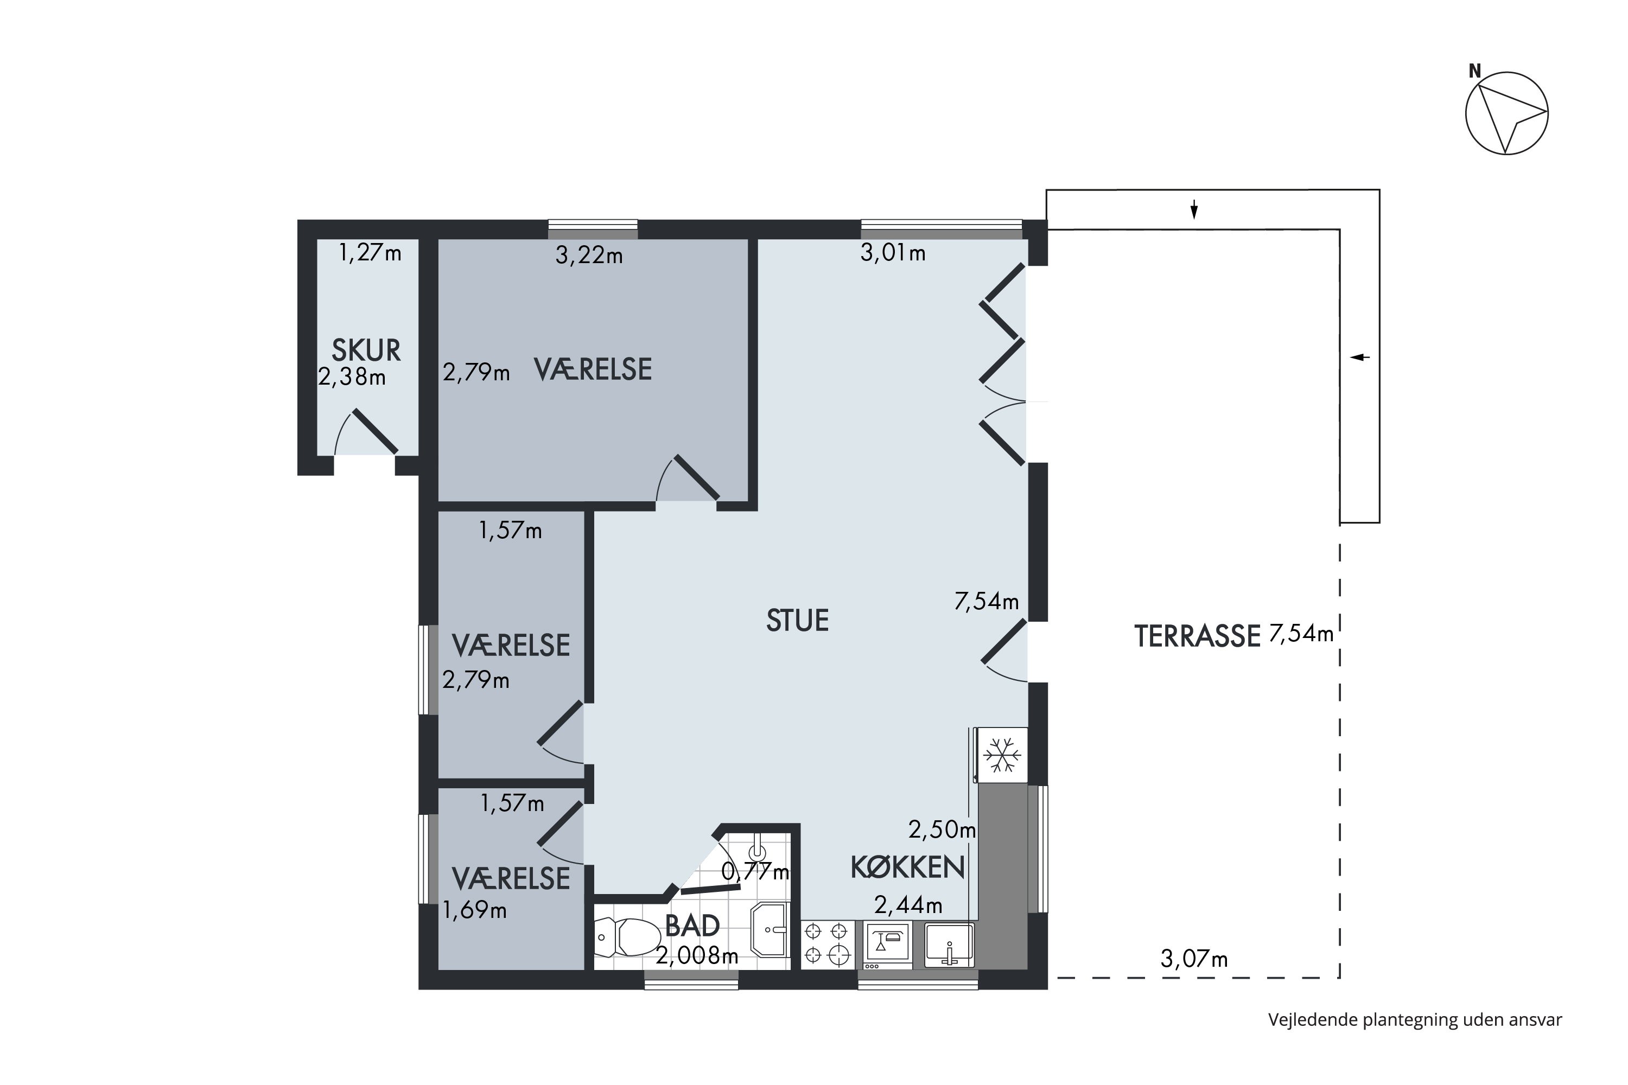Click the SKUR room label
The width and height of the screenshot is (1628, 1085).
pos(366,351)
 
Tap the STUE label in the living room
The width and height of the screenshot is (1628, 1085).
pos(797,621)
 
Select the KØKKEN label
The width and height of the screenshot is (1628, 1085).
pos(907,867)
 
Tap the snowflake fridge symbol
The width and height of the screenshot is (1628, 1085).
pos(1002,755)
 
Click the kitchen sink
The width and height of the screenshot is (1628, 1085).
pos(950,944)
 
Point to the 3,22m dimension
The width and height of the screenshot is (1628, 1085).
pos(589,256)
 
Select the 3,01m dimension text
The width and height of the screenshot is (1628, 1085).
pos(893,253)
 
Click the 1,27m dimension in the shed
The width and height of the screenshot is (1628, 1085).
pos(370,253)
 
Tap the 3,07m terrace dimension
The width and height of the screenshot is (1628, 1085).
pos(1194,959)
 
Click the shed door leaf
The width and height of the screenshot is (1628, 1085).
pos(375,432)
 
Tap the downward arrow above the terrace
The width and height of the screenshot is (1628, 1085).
pos(1194,209)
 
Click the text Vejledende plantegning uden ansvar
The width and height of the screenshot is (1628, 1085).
pos(1415,1020)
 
